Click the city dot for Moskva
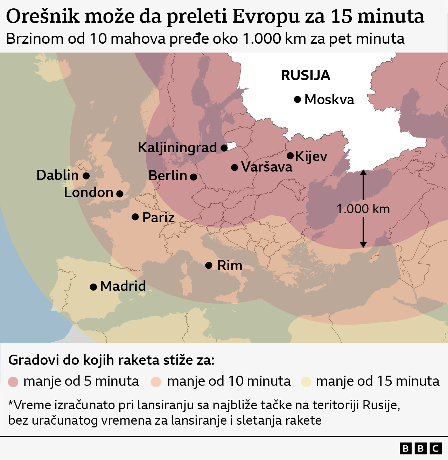pos(297,99)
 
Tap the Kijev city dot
pos(290,156)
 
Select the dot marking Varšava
pos(234,167)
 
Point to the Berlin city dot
pos(193,177)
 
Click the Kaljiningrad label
pos(177,147)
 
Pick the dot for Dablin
pos(86,176)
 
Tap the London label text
pos(89,193)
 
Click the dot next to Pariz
pos(135,217)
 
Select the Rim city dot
pos(209,265)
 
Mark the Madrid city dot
pos(93,287)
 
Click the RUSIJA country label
pos(306,75)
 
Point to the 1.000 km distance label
pos(363,209)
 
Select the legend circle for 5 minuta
pos(13,382)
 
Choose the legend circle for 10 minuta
pos(156,382)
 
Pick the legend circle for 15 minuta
pos(306,382)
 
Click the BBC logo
pos(420,448)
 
